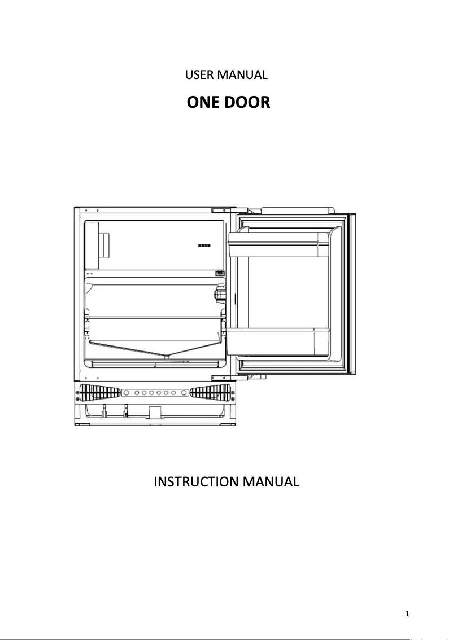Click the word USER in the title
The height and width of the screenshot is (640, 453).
coord(197,74)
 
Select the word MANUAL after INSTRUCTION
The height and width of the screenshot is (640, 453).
coord(270,482)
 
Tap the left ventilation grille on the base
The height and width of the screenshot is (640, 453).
coord(98,392)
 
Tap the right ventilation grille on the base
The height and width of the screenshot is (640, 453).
coord(211,392)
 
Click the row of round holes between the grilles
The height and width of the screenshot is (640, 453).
coord(155,392)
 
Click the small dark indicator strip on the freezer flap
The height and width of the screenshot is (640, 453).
coord(203,246)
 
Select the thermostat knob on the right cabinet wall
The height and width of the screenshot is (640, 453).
coord(219,294)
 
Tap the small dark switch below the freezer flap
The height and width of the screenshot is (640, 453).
coord(220,273)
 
